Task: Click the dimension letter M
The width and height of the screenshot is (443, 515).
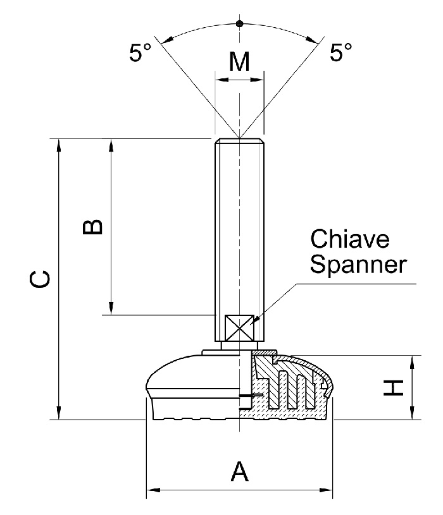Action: point(239,62)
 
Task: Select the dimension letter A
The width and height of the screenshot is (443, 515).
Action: point(239,471)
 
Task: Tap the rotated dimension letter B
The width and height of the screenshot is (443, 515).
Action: point(92,226)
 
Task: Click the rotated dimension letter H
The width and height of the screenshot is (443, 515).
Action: point(394,387)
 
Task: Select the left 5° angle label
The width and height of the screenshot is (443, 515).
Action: point(140,54)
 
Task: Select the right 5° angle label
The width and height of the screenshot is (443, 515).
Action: point(341,54)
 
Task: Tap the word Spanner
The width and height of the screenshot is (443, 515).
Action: point(358,264)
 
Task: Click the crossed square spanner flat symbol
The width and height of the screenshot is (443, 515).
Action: point(239,328)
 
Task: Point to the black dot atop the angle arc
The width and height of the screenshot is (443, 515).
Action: point(239,24)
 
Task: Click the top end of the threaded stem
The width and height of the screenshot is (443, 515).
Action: point(239,140)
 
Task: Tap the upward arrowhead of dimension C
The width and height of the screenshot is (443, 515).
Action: point(59,144)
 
